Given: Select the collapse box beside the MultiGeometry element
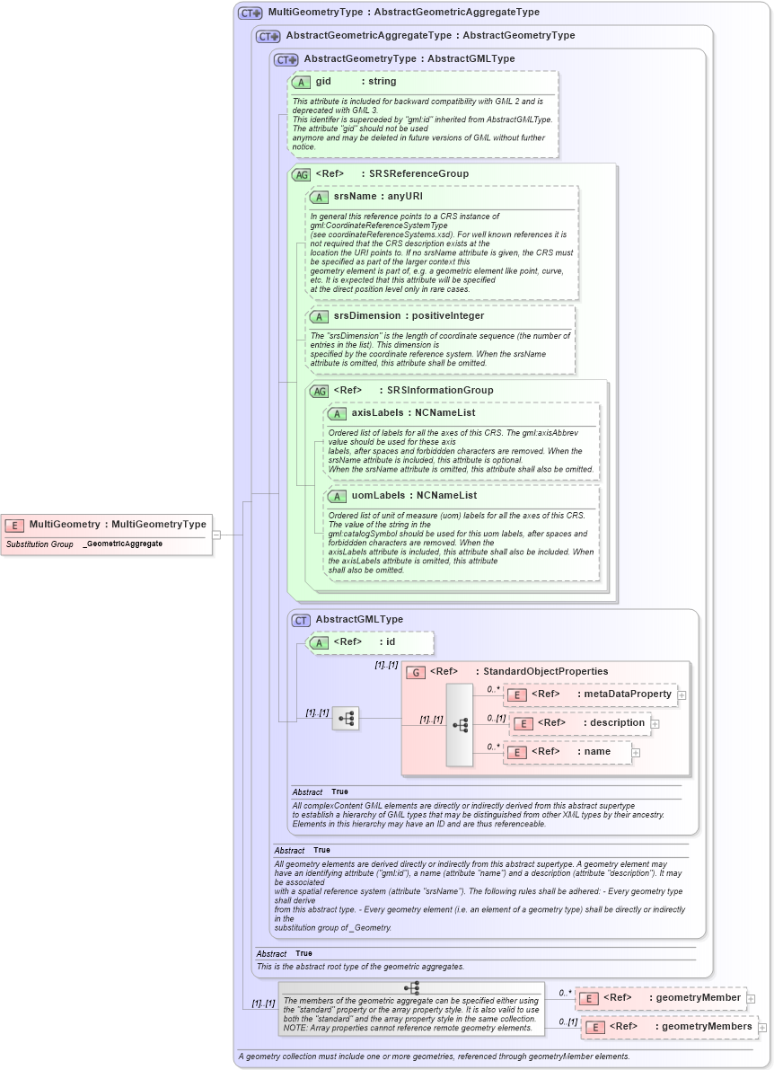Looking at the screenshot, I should coord(216,535).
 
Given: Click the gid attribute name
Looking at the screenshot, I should coord(323,82).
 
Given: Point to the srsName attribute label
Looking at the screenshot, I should coord(355,196).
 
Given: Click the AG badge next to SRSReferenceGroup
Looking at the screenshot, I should coord(302,174).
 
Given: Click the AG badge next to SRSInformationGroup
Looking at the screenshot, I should coord(320,391).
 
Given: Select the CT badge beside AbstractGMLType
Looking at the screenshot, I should coord(302,620).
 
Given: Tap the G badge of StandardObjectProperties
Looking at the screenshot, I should coord(415,672).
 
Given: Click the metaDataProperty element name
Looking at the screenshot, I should coord(627,694).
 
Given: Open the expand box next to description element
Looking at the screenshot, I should coord(655,723).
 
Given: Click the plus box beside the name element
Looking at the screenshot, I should coord(636,752).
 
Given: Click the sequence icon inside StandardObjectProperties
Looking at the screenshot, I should coord(460,724).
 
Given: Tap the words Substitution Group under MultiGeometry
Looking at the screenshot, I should coord(40,544).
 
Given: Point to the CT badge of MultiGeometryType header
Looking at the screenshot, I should coord(250,13).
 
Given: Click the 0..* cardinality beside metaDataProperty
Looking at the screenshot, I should coord(494,689).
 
